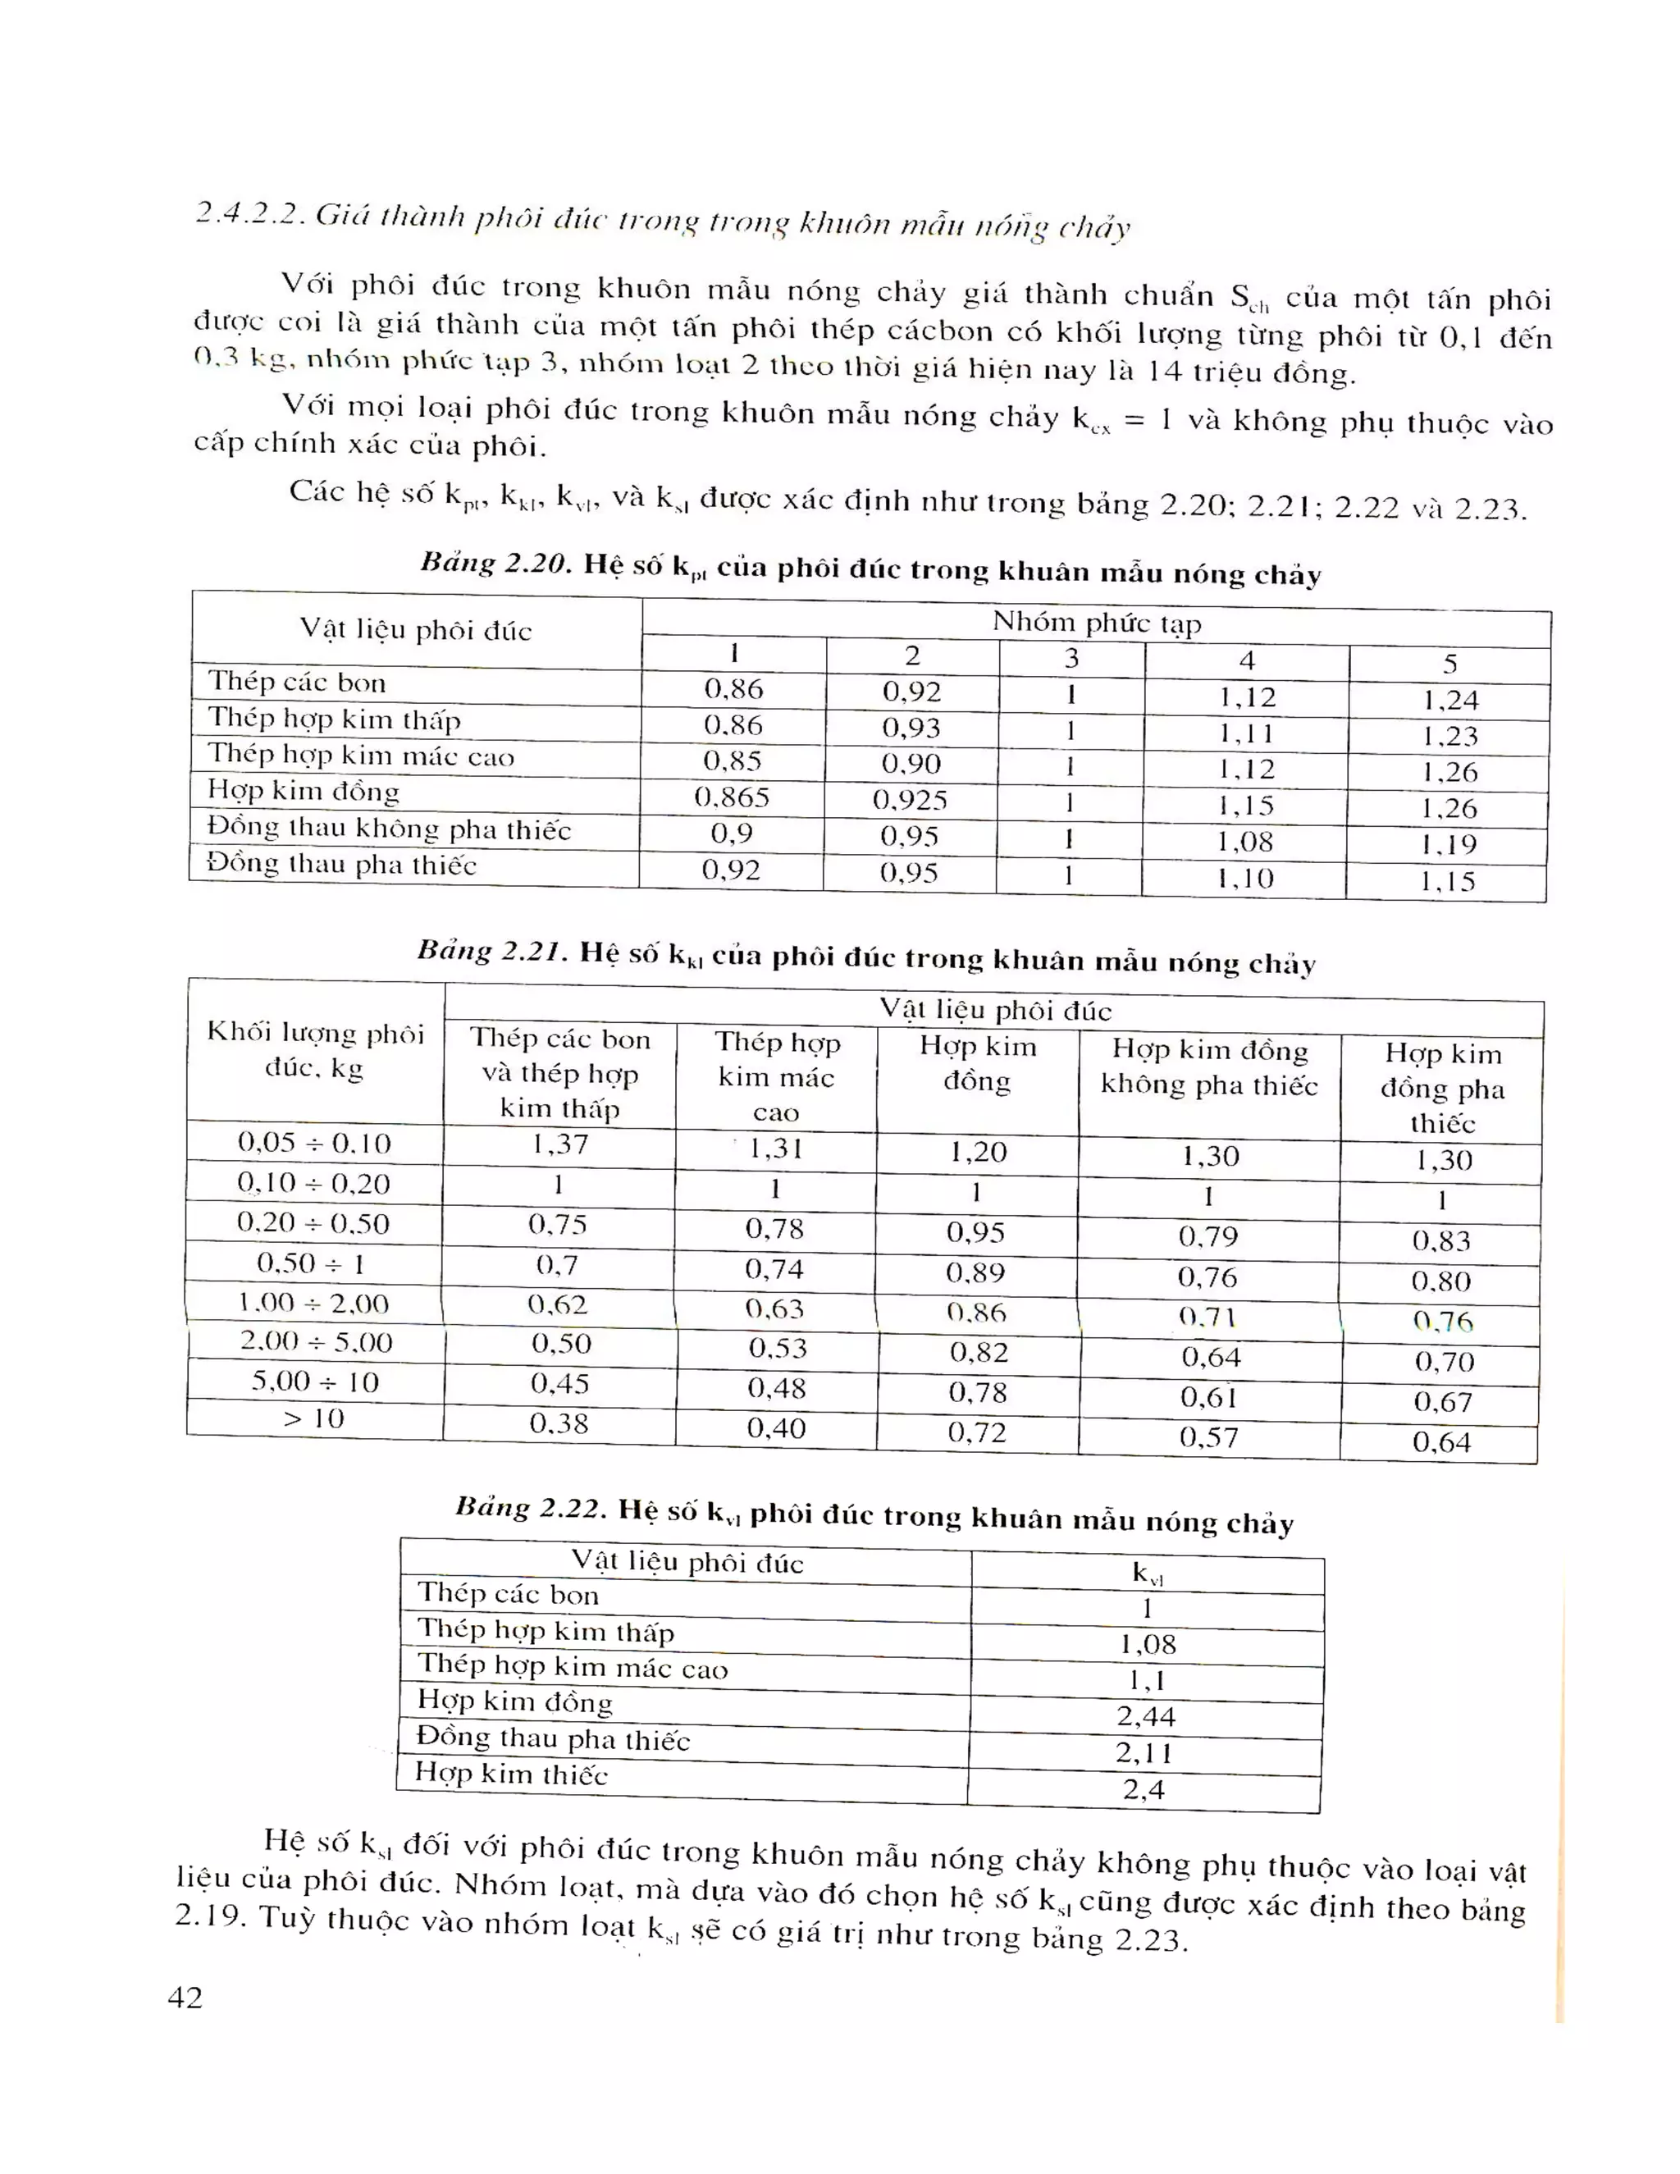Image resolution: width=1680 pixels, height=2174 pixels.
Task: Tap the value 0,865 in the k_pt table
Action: (x=732, y=797)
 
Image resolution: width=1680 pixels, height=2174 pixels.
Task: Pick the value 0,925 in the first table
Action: (x=910, y=801)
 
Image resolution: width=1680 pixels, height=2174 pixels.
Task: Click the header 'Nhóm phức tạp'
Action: (x=1096, y=624)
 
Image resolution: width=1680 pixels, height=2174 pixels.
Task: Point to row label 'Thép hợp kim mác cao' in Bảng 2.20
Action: (x=360, y=756)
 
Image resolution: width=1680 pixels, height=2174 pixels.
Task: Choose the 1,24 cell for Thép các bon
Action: (x=1449, y=701)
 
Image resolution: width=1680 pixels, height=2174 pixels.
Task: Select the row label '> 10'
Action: (x=313, y=1418)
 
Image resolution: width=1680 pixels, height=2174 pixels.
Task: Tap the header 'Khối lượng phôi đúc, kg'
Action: (x=314, y=1050)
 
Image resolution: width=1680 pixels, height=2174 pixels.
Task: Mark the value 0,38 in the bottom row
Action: (x=559, y=1423)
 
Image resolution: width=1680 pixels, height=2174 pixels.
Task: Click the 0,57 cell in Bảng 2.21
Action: (x=1208, y=1437)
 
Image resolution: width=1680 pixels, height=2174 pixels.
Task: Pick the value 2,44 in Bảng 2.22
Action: (x=1145, y=1717)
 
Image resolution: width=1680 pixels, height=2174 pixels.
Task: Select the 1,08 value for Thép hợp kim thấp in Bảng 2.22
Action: (x=1147, y=1644)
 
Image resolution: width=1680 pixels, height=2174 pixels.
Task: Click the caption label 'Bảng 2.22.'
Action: (x=529, y=1508)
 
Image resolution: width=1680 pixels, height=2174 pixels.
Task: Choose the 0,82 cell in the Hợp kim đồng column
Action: (x=979, y=1353)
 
